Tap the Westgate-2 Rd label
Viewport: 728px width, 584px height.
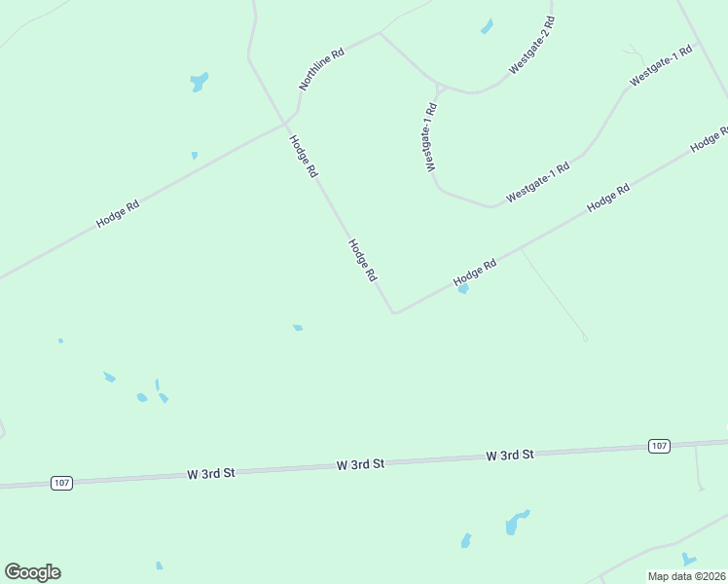click(x=531, y=46)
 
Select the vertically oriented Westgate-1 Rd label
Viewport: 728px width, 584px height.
click(x=431, y=137)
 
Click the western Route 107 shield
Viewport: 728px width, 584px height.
click(x=61, y=483)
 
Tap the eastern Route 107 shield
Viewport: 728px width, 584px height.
click(x=659, y=446)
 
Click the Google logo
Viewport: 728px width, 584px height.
click(x=32, y=572)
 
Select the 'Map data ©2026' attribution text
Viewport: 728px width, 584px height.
click(x=686, y=576)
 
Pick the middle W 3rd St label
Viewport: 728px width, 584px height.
click(x=360, y=464)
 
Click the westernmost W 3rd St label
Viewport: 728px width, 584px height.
click(x=211, y=473)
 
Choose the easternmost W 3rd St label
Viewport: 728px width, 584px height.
click(x=510, y=455)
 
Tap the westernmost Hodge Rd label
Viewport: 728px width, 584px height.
click(x=118, y=213)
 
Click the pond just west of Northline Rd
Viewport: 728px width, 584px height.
click(x=200, y=82)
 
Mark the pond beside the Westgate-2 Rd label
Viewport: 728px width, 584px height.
click(x=487, y=26)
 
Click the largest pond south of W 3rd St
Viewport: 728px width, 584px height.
click(x=517, y=524)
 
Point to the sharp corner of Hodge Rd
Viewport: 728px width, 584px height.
click(x=394, y=312)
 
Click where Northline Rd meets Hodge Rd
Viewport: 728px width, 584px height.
click(x=285, y=124)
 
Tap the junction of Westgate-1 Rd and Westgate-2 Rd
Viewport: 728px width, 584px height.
click(x=440, y=87)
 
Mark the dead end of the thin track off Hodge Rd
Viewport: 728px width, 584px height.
click(x=585, y=339)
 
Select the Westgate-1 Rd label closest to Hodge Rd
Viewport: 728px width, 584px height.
click(x=537, y=182)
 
